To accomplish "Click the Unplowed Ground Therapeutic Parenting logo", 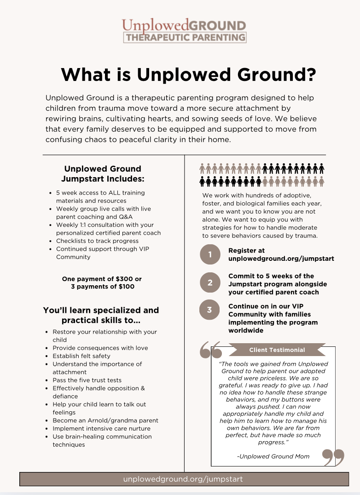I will point(184,30).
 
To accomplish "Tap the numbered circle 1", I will point(210,255).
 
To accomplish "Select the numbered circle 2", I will point(210,283).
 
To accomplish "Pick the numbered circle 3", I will point(210,310).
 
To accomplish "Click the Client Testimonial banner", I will point(277,350).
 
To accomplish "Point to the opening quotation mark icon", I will point(211,351).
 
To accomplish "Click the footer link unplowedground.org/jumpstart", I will point(183,479).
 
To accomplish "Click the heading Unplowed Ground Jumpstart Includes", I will point(103,173).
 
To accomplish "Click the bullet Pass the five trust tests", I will point(87,380).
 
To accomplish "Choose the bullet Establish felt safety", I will point(81,356).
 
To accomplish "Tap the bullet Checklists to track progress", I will point(97,241).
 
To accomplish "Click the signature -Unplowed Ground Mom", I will point(273,456).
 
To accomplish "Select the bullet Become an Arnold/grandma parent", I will point(105,420).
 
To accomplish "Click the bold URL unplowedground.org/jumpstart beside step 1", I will point(281,259).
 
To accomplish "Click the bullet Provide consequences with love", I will point(100,348).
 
